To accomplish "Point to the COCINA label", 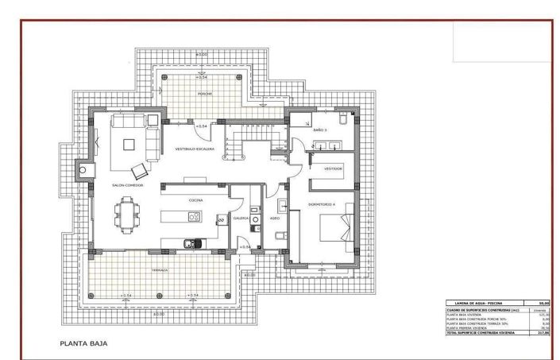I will (195, 200).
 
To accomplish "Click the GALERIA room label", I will (241, 217).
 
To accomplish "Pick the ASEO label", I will (274, 217).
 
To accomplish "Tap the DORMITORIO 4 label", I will (322, 204).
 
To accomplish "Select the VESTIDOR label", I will (332, 168).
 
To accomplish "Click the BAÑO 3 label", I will (320, 129).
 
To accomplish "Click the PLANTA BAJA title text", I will (83, 344).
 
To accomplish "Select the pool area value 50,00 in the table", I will (543, 303).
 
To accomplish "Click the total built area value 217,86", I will (543, 332).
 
